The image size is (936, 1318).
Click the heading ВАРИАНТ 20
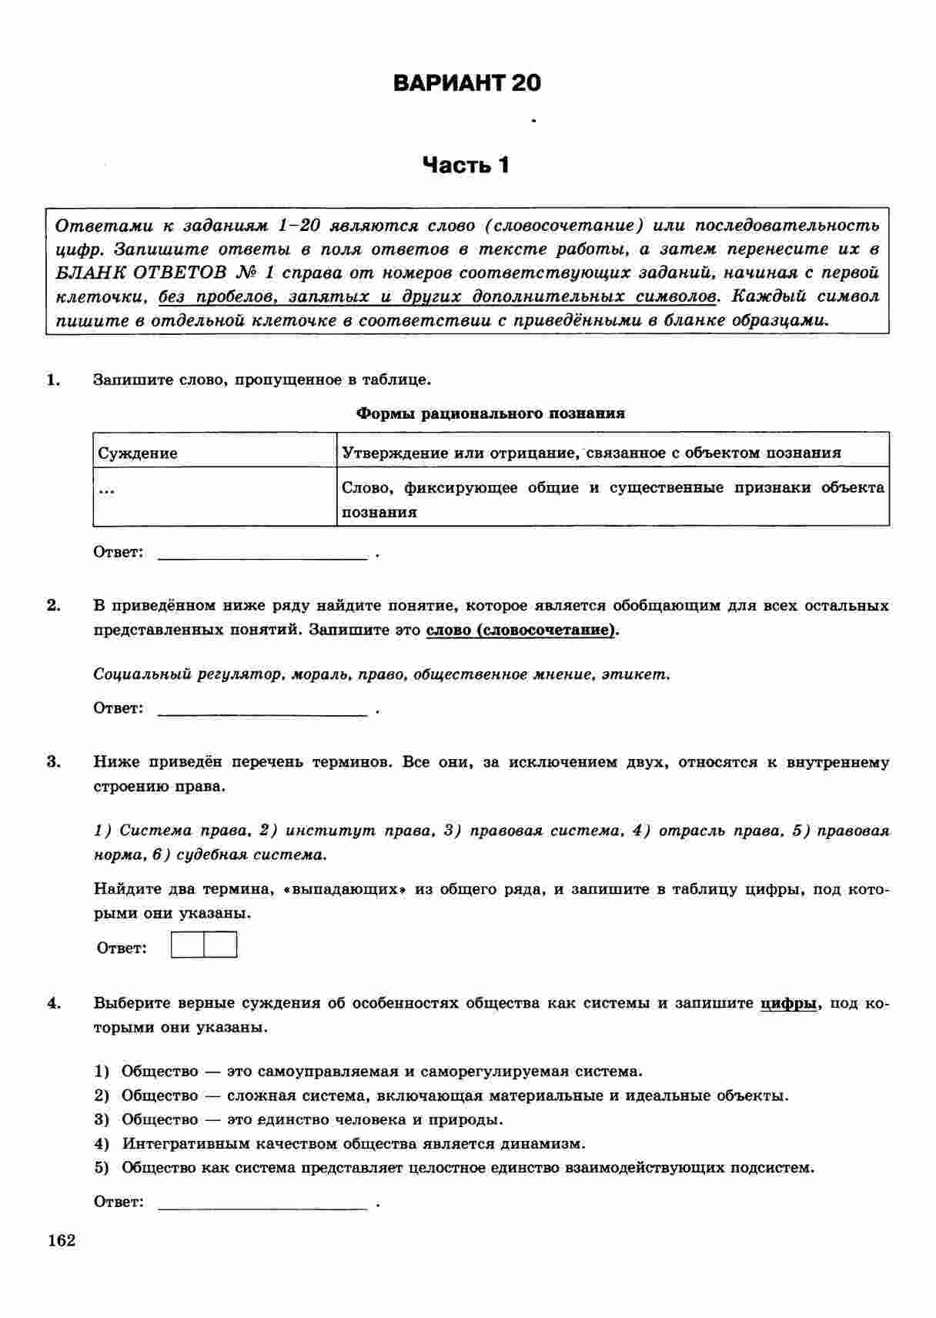[x=466, y=83]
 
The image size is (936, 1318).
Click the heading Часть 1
[x=466, y=165]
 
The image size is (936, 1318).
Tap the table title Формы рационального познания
[x=490, y=413]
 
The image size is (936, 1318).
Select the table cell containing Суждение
[x=215, y=453]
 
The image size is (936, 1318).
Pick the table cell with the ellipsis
[x=215, y=496]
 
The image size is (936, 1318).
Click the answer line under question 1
[x=262, y=557]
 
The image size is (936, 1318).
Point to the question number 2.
[x=53, y=605]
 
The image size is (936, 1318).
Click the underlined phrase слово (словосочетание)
[x=521, y=630]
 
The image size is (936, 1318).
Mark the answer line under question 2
[x=262, y=713]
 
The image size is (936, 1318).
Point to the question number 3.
[x=53, y=762]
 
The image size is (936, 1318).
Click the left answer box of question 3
[x=187, y=945]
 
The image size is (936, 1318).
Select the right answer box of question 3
[x=220, y=945]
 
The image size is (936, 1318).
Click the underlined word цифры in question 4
[x=788, y=1003]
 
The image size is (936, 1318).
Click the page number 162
[x=62, y=1240]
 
